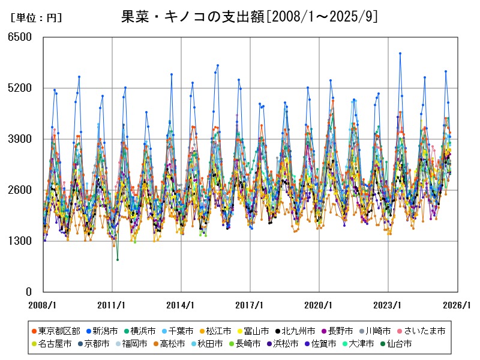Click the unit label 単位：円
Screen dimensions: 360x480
click(x=36, y=18)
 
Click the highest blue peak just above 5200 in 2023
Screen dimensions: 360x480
click(x=400, y=53)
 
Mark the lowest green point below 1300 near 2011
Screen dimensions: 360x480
click(x=118, y=260)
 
